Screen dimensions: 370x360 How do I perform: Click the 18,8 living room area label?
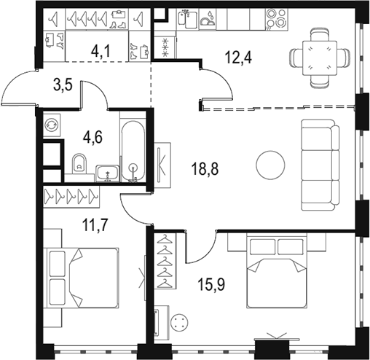point(205,169)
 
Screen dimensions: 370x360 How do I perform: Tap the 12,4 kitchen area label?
point(238,58)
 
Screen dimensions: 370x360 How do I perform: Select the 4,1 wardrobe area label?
point(101,52)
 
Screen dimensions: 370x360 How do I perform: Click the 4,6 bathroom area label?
point(92,137)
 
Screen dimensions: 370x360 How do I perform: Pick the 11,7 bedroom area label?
point(95,225)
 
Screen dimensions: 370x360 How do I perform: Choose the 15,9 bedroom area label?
point(211,284)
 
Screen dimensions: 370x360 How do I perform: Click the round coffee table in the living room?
point(270,165)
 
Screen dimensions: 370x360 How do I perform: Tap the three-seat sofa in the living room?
point(320,165)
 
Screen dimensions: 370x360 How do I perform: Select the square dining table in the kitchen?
point(320,58)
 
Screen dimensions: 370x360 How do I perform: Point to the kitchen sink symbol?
point(187,19)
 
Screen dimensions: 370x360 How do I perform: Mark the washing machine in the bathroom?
point(52,125)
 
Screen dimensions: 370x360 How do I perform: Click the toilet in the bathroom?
point(79,163)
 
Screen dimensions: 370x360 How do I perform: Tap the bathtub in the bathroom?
point(133,151)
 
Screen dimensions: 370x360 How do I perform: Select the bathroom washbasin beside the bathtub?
point(108,173)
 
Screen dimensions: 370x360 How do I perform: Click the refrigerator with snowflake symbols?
point(165,47)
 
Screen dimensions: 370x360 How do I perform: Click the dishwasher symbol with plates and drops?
point(207,18)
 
